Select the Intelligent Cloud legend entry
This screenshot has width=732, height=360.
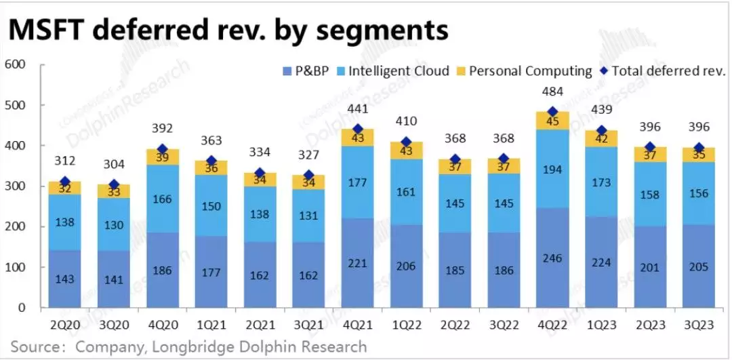click(x=399, y=71)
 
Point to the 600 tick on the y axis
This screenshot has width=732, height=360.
click(x=15, y=65)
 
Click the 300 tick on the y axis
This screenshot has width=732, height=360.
click(x=15, y=186)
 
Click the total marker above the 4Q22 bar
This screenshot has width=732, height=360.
click(x=552, y=112)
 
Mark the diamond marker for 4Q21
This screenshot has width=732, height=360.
click(x=357, y=129)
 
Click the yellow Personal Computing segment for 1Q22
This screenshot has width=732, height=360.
click(x=406, y=151)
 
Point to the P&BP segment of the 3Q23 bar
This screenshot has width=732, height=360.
click(x=697, y=266)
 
